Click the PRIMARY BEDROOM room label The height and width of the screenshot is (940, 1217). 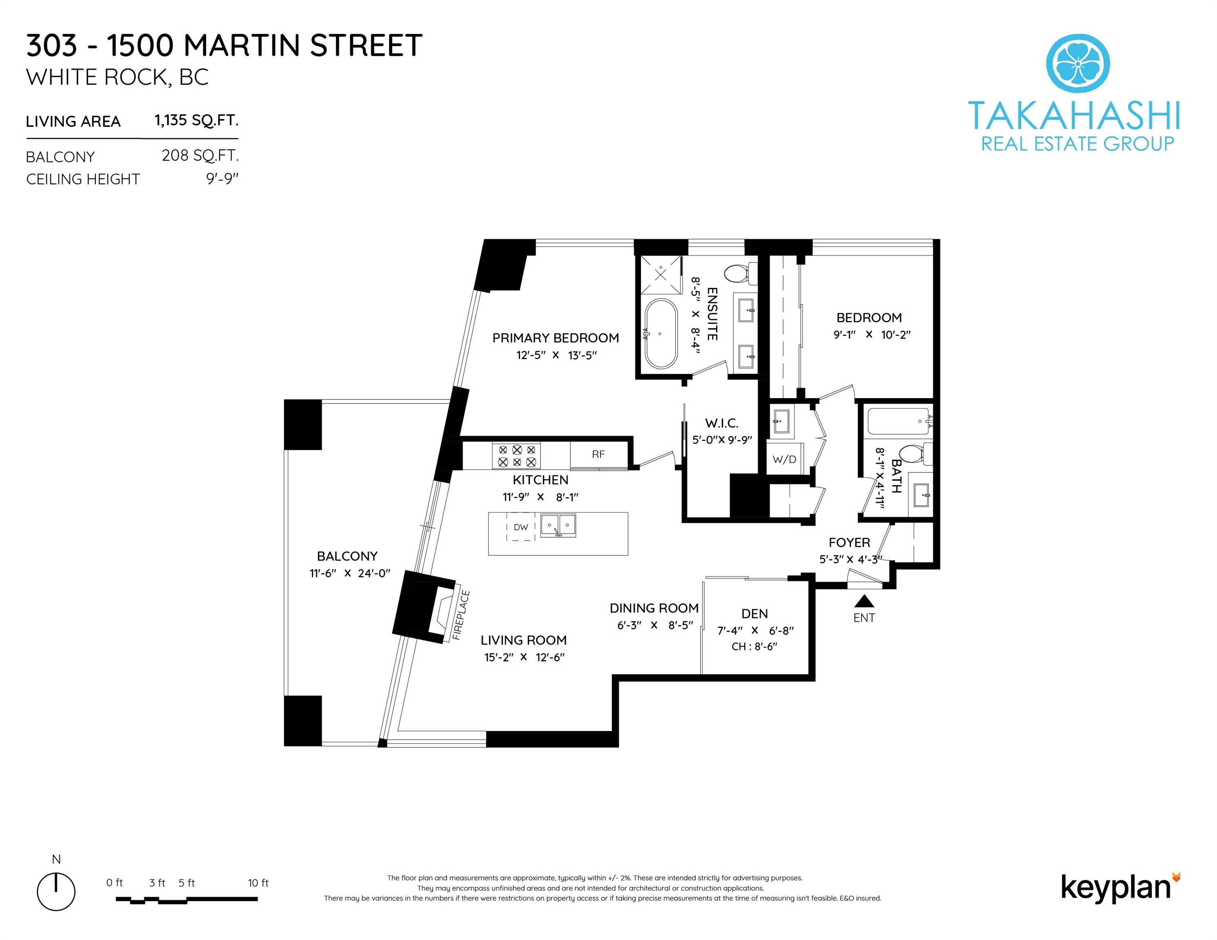tap(556, 338)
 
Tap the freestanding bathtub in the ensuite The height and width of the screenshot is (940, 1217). tap(661, 334)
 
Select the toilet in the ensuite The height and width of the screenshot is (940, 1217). tap(739, 273)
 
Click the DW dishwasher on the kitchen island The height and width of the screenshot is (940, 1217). tap(521, 527)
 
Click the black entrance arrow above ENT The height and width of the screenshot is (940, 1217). tap(864, 601)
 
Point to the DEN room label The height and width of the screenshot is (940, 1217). tap(754, 614)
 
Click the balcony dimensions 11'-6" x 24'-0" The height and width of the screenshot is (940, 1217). tap(350, 573)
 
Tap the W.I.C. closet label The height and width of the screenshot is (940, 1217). tap(722, 423)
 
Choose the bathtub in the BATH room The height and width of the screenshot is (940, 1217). tap(898, 421)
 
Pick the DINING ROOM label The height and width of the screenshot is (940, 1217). tap(654, 608)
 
